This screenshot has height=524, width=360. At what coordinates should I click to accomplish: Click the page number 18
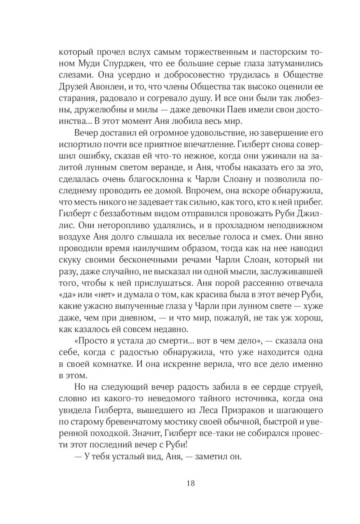pyautogui.click(x=191, y=483)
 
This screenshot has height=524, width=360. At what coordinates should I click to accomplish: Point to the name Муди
pyautogui.click(x=86, y=63)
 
